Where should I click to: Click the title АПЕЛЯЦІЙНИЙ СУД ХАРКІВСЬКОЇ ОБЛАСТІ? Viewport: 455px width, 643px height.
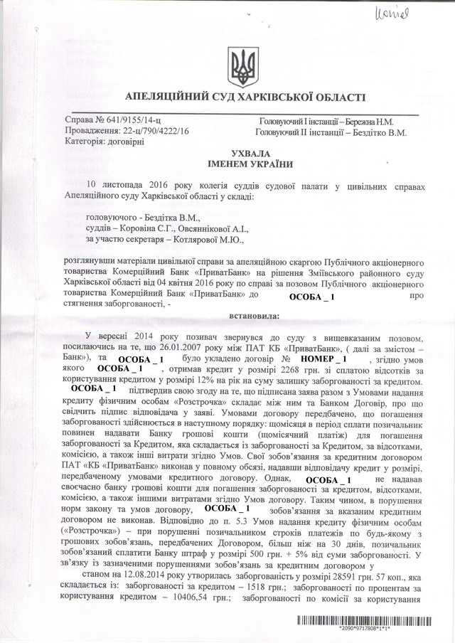tap(245, 97)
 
